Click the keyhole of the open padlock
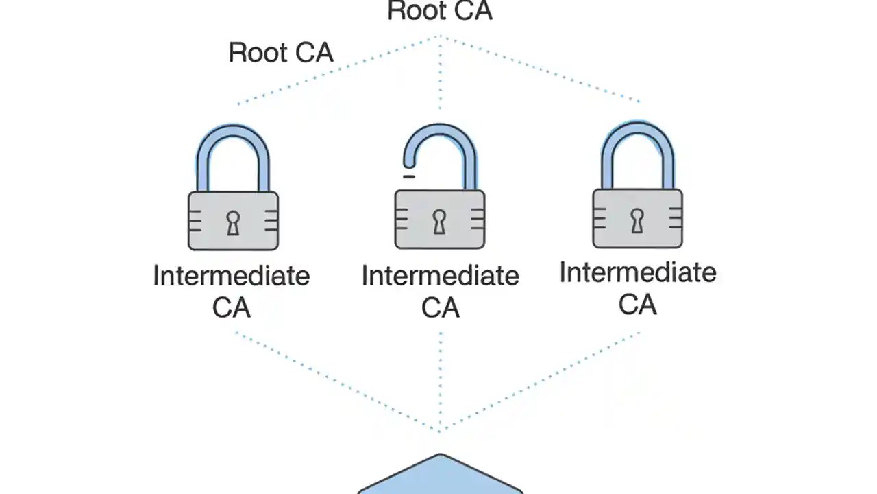[439, 221]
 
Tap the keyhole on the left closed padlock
[233, 223]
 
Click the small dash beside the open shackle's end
[409, 177]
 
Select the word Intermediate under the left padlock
[232, 277]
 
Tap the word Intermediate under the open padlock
[440, 277]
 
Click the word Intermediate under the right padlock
[638, 273]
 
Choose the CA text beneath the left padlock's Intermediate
[232, 307]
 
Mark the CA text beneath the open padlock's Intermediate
[440, 307]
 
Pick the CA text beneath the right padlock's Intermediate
[638, 304]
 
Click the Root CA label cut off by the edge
[440, 10]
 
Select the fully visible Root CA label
[281, 53]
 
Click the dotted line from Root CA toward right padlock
[541, 69]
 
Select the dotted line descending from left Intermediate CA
[336, 381]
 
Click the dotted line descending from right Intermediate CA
[541, 381]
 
